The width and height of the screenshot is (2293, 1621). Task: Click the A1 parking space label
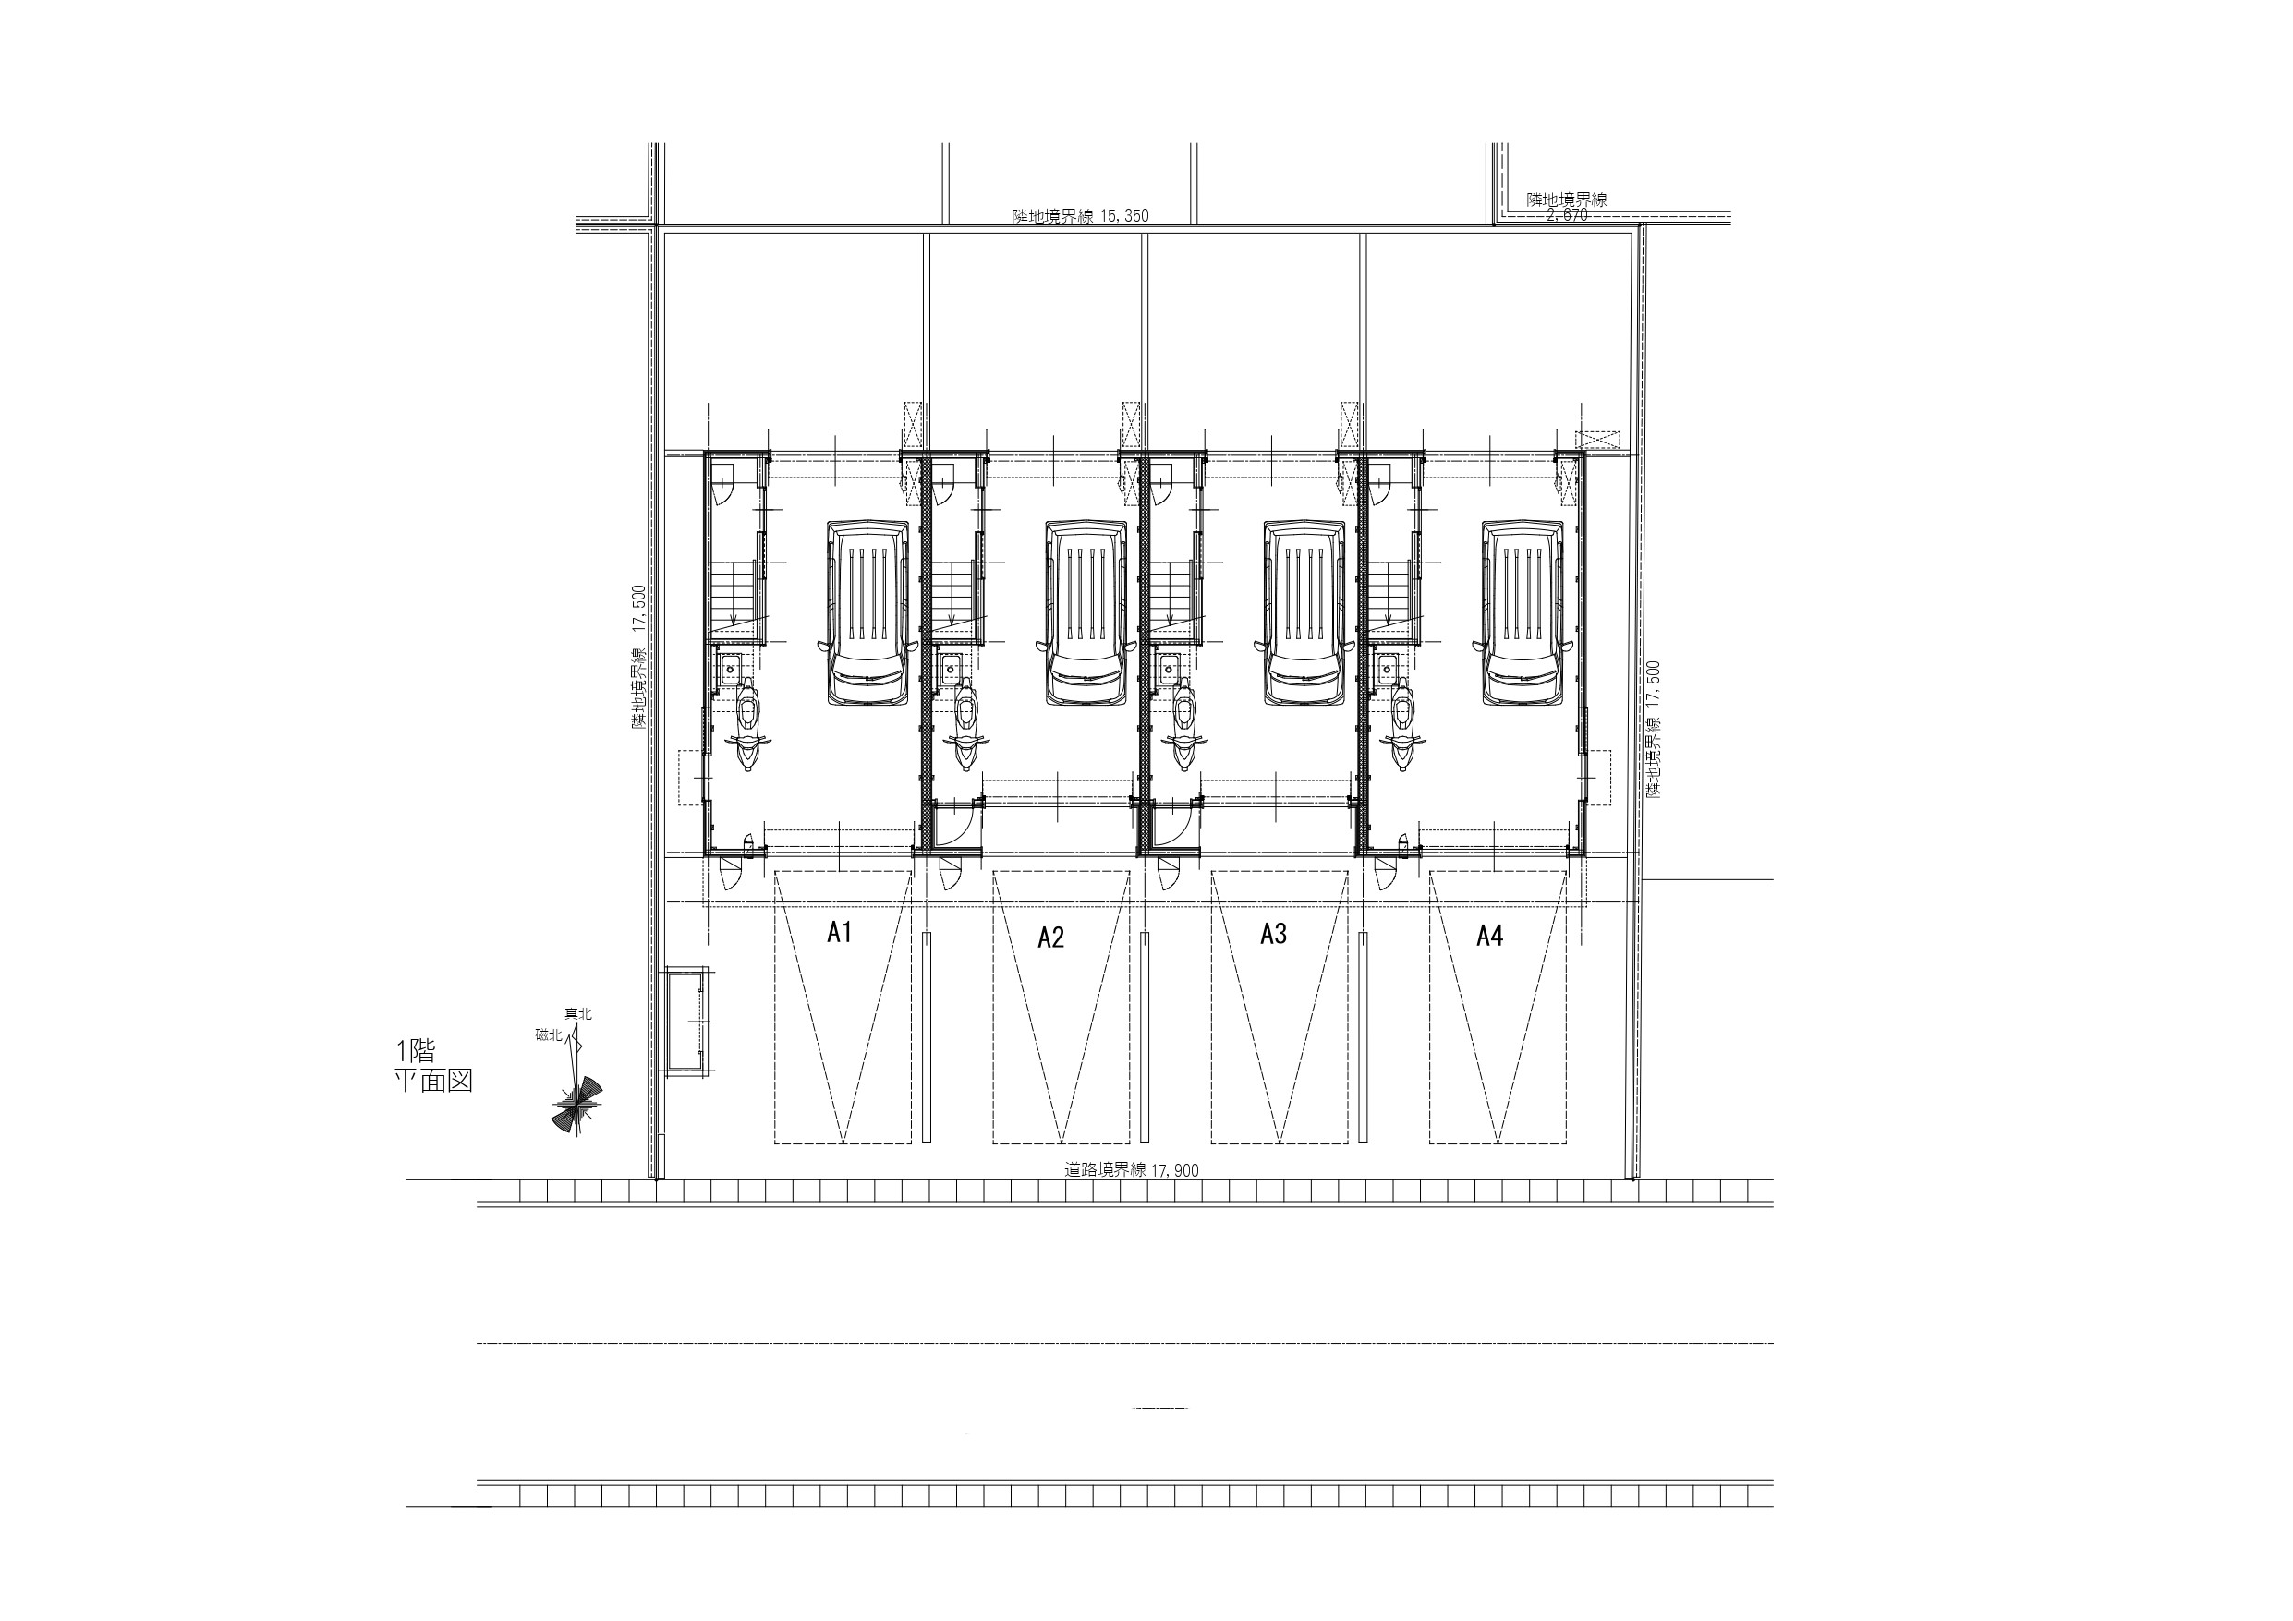pos(839,932)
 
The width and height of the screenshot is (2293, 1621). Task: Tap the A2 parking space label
pos(1050,937)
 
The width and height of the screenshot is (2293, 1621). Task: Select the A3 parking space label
pos(1273,933)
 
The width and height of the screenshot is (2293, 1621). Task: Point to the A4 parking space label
pos(1489,935)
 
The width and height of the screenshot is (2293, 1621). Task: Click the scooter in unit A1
pos(748,724)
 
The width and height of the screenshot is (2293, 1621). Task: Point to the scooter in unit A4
pos(1402,724)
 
